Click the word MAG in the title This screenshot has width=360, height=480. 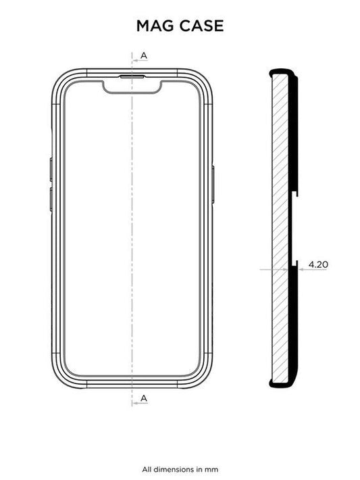(x=153, y=26)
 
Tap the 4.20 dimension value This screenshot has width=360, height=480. (x=317, y=262)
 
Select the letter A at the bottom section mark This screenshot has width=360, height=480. (x=145, y=400)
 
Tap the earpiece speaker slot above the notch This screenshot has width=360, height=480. (x=132, y=76)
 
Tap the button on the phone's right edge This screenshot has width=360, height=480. (x=214, y=184)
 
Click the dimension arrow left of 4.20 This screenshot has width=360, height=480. (x=301, y=269)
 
